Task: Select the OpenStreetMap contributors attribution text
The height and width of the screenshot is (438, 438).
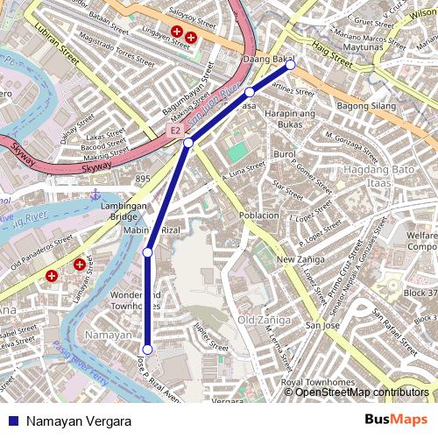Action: point(361,392)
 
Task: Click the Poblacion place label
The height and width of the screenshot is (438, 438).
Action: point(258,215)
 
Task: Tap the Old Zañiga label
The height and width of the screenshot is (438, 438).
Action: point(263,319)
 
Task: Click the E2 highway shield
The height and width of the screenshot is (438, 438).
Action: point(175,130)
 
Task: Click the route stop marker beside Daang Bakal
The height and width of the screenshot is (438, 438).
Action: point(290,65)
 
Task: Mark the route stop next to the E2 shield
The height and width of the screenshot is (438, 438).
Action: point(188,142)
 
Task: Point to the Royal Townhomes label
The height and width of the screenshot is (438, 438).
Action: point(310,382)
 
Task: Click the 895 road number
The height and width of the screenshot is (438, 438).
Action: point(143,179)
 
